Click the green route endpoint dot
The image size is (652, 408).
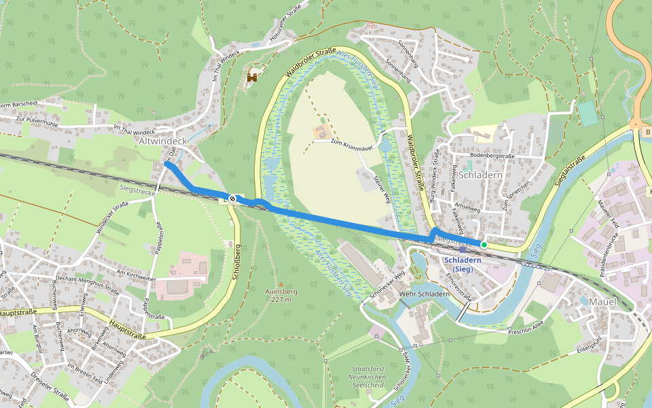pyautogui.click(x=484, y=244)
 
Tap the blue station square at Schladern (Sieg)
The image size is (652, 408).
pyautogui.click(x=463, y=250)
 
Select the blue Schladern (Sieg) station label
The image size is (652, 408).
pyautogui.click(x=463, y=265)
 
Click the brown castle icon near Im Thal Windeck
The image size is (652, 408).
pyautogui.click(x=252, y=78)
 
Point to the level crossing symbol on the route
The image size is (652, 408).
pyautogui.click(x=232, y=198)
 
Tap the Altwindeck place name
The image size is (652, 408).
pyautogui.click(x=162, y=141)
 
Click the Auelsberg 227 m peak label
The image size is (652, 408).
pyautogui.click(x=280, y=293)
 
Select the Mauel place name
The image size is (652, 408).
pyautogui.click(x=602, y=301)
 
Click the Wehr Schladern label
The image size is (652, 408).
pyautogui.click(x=424, y=294)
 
